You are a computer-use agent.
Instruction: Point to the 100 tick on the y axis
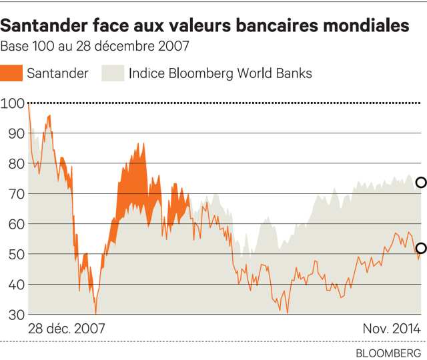tap(12, 103)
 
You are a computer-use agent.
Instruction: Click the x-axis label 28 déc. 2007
tap(67, 329)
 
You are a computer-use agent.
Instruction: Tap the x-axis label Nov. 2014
tap(392, 329)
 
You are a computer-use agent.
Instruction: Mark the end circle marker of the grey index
tap(421, 182)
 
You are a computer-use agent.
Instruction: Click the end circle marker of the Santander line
tap(421, 249)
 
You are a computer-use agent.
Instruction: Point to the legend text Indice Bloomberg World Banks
tap(220, 73)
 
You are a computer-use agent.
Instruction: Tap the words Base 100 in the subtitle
tap(25, 47)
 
